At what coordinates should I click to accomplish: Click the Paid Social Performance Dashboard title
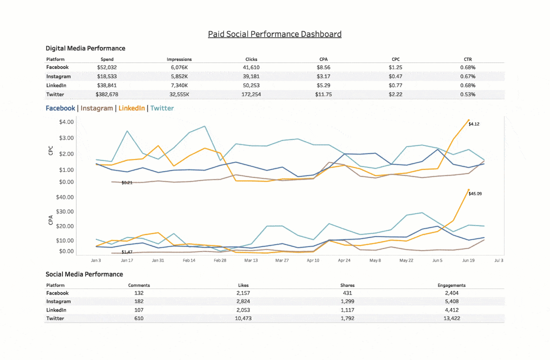(x=274, y=34)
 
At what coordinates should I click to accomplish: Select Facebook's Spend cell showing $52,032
(x=107, y=67)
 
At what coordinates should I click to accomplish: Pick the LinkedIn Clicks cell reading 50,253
(x=251, y=85)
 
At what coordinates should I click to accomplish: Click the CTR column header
(x=468, y=59)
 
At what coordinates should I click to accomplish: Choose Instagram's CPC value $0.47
(x=395, y=76)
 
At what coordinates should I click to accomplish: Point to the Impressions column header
(x=179, y=59)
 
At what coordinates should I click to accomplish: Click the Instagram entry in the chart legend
(x=96, y=108)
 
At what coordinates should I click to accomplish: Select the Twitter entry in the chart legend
(x=162, y=108)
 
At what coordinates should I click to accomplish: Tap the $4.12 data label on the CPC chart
(x=474, y=124)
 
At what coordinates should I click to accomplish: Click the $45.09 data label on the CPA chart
(x=475, y=193)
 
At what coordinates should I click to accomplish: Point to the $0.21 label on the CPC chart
(x=127, y=183)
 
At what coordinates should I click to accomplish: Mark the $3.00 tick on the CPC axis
(x=66, y=138)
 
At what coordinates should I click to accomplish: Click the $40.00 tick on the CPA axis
(x=65, y=197)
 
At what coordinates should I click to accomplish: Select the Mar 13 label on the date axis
(x=251, y=260)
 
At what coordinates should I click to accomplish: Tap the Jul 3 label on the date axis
(x=498, y=260)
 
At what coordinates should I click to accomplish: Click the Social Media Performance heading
(x=84, y=274)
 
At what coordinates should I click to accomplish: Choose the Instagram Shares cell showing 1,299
(x=346, y=301)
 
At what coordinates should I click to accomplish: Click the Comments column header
(x=139, y=285)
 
